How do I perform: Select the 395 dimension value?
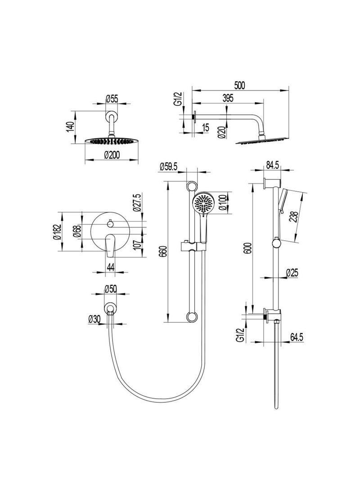pos(228,99)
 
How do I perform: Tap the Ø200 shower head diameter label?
pos(110,154)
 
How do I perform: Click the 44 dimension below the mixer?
pos(110,267)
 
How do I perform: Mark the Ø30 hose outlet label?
pos(94,318)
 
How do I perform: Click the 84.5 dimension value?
pos(273,166)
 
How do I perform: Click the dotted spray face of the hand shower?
pos(203,204)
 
